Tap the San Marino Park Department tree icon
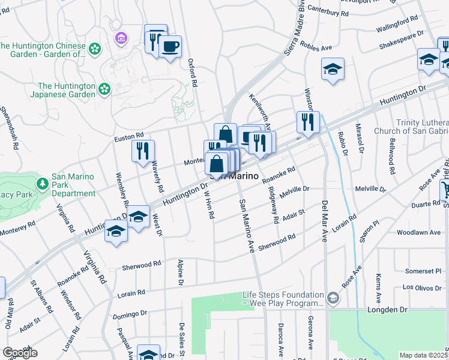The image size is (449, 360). pyautogui.click(x=43, y=183)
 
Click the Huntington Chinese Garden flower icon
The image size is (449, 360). pyautogui.click(x=94, y=49)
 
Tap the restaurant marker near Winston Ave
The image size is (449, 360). pyautogui.click(x=308, y=122)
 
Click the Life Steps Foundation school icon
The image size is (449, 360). pyautogui.click(x=332, y=298)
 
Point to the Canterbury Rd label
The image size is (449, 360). pyautogui.click(x=345, y=13)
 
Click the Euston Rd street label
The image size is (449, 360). pyautogui.click(x=129, y=138)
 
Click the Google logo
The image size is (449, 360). pyautogui.click(x=20, y=353)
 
